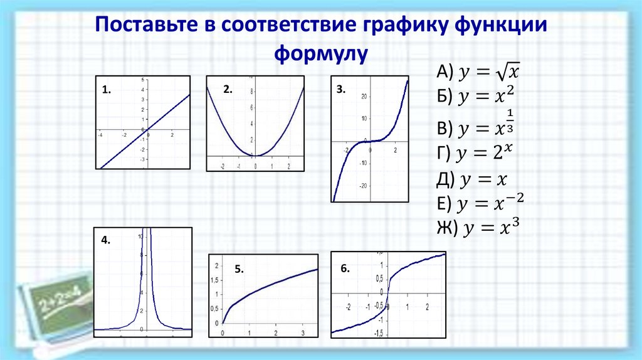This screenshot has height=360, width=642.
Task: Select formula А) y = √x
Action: point(479,73)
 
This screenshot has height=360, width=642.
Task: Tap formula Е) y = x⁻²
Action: point(480,203)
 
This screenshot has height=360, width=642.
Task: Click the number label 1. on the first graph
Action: point(107,90)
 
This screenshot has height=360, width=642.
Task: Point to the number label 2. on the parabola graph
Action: point(227,90)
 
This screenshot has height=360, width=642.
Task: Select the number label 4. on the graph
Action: point(105,239)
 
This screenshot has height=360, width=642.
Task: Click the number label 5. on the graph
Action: point(239,269)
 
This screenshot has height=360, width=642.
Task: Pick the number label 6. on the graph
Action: point(345,267)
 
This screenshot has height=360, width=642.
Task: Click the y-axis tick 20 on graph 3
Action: point(363,97)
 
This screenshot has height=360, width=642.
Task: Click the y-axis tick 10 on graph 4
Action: point(140,236)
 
